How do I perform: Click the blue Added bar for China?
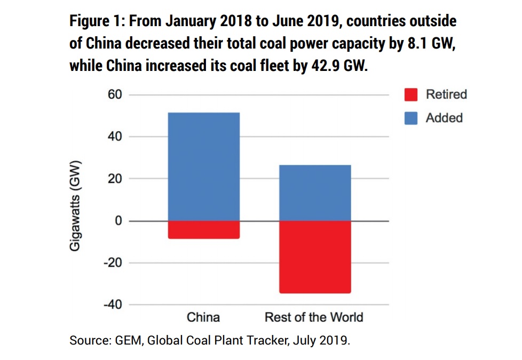point(204,166)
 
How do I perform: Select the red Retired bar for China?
point(204,229)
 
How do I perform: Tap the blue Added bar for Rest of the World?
point(315,193)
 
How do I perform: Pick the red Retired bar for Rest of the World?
point(315,257)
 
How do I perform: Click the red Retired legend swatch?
point(410,95)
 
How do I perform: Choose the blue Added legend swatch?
point(410,118)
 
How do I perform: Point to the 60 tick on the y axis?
point(116,95)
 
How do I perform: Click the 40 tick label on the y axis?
point(116,137)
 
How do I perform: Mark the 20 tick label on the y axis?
point(116,179)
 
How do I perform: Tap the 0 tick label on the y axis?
point(119,221)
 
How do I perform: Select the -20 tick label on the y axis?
point(113,263)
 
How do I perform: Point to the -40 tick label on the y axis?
point(113,305)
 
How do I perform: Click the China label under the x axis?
point(203,317)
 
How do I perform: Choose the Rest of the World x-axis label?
point(314,317)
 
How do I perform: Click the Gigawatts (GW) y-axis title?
point(76,205)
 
